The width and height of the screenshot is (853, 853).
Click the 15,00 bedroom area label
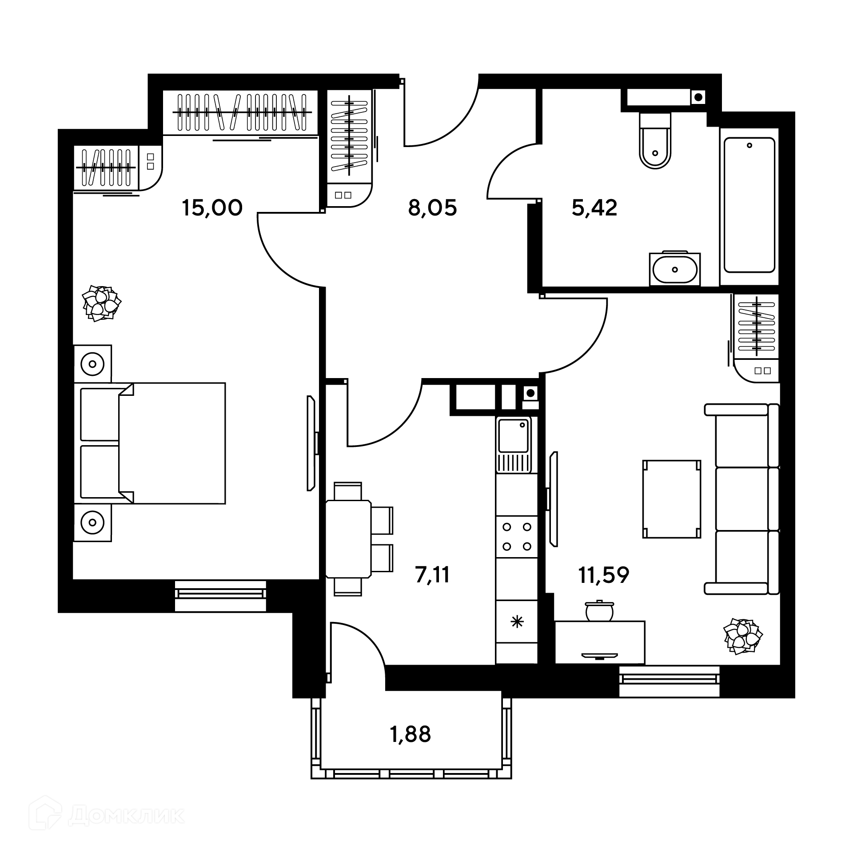click(x=212, y=208)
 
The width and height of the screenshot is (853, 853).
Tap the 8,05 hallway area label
click(x=432, y=208)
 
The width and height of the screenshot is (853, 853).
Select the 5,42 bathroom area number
click(x=594, y=208)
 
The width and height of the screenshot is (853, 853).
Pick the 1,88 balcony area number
click(x=410, y=734)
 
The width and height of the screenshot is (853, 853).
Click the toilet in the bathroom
click(x=655, y=140)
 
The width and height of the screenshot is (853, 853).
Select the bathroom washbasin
click(x=675, y=269)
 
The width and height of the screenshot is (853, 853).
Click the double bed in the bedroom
click(x=153, y=443)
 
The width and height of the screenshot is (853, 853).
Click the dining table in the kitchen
click(x=349, y=539)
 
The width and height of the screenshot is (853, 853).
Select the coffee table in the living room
click(x=672, y=499)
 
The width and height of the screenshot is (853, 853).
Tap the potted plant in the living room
click(x=743, y=636)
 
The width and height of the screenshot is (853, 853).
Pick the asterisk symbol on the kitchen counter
click(x=517, y=622)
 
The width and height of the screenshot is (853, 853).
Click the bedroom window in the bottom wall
click(x=220, y=596)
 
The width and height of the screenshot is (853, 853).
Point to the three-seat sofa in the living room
click(x=742, y=499)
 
